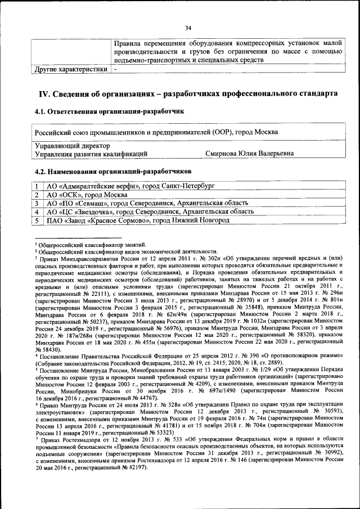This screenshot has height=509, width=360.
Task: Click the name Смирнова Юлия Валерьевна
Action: [x=249, y=152]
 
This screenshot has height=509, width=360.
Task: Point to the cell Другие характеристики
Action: [x=70, y=69]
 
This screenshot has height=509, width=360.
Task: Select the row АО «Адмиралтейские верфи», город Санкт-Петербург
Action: [x=130, y=185]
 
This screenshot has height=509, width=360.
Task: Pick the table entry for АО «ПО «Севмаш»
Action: [x=146, y=203]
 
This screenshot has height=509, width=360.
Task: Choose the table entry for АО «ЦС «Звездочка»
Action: [x=149, y=212]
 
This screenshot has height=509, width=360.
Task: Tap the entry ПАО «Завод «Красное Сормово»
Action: [x=137, y=221]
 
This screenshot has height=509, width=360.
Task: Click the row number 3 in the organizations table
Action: [x=36, y=203]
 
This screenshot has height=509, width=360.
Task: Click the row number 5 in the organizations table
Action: [x=36, y=221]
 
